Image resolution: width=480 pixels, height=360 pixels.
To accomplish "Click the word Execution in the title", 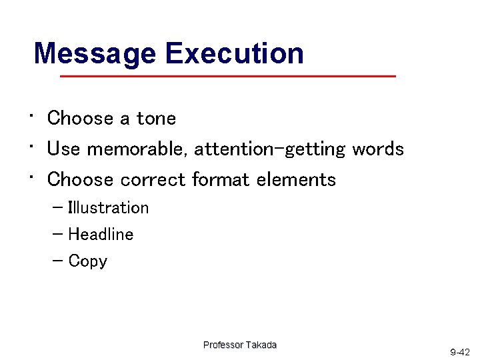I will point(234,53).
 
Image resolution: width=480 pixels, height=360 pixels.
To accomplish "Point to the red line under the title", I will point(227,77).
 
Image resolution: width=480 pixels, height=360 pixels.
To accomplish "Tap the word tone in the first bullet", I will point(156,119).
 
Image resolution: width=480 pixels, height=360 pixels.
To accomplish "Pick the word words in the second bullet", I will point(378,149).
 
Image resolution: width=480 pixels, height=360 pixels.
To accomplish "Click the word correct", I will point(153,179).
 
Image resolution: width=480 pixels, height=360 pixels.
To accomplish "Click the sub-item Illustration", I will point(109,208).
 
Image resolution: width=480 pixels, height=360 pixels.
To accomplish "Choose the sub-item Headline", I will point(101,235).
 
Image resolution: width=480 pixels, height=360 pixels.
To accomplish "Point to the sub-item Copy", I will point(87,261).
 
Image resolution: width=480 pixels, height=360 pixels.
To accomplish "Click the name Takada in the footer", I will point(261,345).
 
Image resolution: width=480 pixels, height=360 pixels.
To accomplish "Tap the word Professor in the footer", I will point(223,345).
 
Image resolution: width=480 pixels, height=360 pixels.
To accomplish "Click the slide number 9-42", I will point(460,351).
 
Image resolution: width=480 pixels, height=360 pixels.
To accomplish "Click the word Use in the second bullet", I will point(63,149).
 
